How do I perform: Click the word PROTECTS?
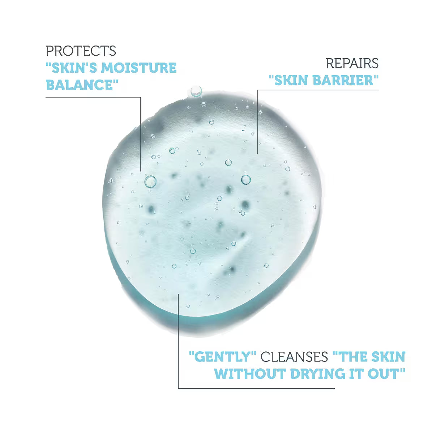click(x=81, y=51)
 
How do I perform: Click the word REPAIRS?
click(x=352, y=63)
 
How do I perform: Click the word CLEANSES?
click(x=294, y=357)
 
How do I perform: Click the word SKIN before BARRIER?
click(x=291, y=80)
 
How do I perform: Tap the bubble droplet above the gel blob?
click(x=196, y=91)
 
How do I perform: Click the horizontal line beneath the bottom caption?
click(x=257, y=389)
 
